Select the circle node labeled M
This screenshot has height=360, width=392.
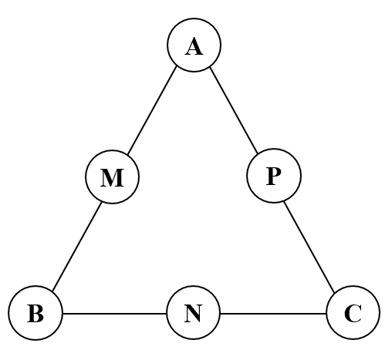[x=112, y=177]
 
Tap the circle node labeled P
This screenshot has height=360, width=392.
[x=273, y=176]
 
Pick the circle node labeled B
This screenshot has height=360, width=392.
[x=35, y=314]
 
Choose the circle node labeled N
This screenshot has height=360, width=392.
[x=194, y=314]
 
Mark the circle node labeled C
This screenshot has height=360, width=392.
[x=353, y=314]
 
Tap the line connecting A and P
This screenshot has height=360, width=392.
[x=234, y=110]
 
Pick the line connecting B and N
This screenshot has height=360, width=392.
[x=114, y=314]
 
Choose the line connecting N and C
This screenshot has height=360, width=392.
[x=273, y=314]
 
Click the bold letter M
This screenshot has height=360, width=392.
[x=112, y=179]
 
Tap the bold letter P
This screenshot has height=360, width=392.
[x=273, y=177]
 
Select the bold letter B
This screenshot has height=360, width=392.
[x=35, y=315]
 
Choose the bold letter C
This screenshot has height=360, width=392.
[x=353, y=315]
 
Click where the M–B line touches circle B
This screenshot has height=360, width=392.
[x=49, y=291]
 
